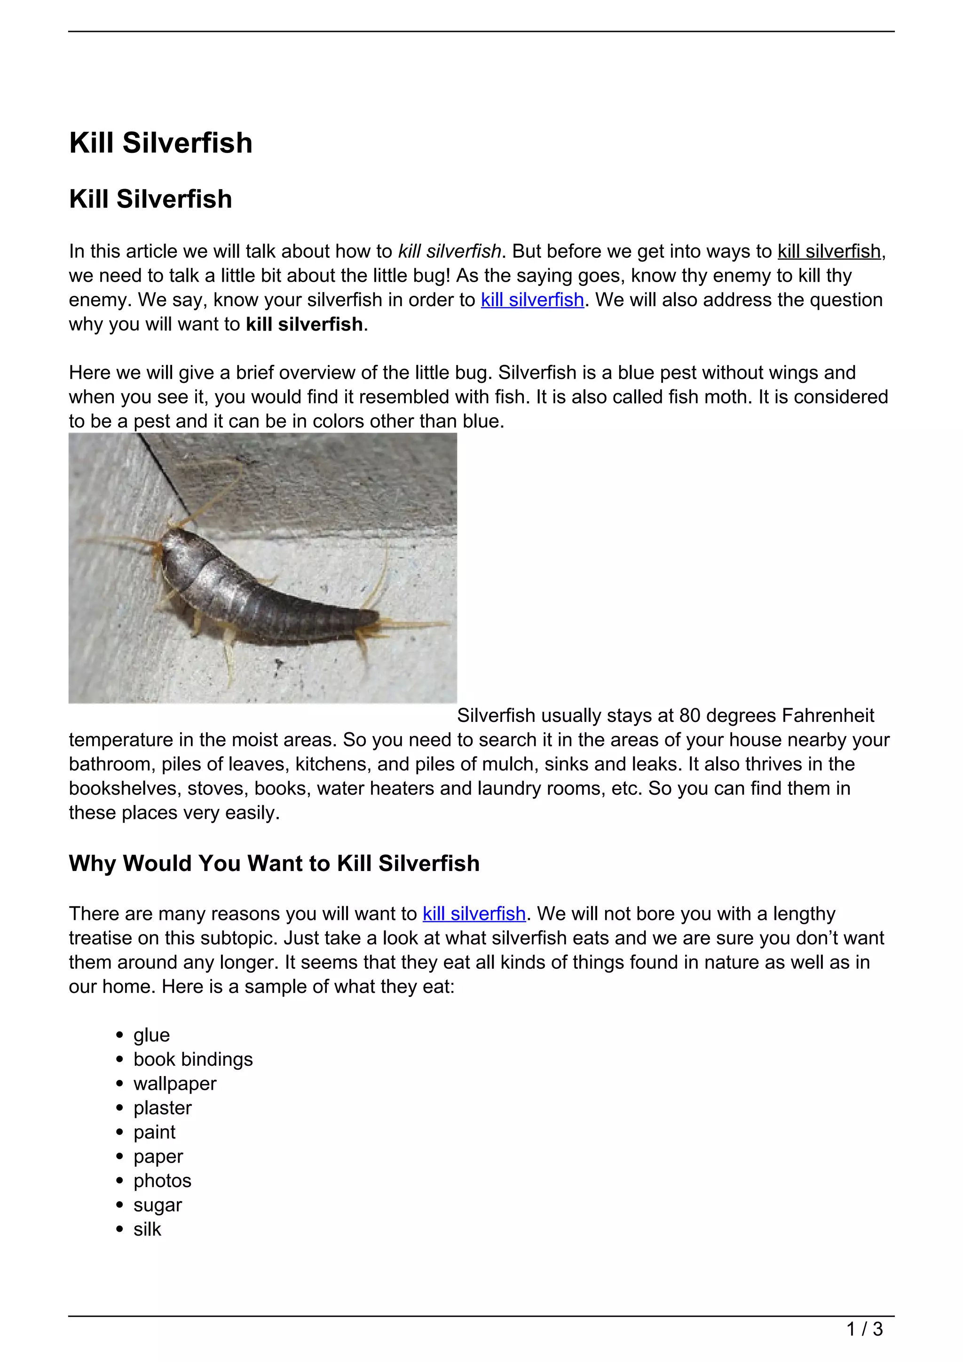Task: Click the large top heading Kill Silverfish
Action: (161, 143)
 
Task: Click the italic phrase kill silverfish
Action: (450, 252)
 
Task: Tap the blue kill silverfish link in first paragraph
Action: (532, 300)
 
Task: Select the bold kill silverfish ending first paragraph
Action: (304, 325)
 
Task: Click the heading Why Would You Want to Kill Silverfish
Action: (274, 863)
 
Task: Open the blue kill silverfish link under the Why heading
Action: (474, 913)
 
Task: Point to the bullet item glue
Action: (151, 1035)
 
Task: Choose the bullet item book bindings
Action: (193, 1060)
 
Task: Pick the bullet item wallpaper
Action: (175, 1084)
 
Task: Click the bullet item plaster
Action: (163, 1108)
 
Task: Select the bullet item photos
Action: (162, 1181)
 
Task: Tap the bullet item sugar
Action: (157, 1205)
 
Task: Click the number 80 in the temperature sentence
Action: (690, 716)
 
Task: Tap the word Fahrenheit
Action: (828, 716)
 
